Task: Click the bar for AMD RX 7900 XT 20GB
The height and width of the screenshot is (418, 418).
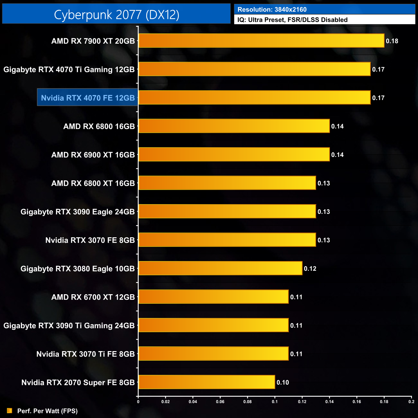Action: (261, 41)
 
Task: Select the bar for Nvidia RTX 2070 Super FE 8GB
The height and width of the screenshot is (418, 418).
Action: (206, 382)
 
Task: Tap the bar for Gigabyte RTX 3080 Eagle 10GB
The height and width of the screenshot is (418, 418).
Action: (220, 268)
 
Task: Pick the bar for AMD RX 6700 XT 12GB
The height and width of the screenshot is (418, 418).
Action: (214, 296)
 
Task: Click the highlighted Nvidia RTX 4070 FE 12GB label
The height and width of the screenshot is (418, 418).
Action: (88, 98)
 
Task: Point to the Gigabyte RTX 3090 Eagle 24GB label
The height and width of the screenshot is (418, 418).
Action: (77, 212)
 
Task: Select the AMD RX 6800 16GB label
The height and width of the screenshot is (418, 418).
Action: (99, 126)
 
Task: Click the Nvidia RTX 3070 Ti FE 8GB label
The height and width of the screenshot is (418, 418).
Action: (86, 354)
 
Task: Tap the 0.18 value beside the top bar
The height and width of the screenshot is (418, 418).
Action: (392, 41)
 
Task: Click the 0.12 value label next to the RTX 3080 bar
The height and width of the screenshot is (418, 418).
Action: (310, 268)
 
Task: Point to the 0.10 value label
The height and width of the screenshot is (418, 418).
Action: (283, 382)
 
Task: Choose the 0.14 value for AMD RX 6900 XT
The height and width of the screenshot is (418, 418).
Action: (337, 155)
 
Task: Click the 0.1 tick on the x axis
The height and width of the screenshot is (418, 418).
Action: (275, 402)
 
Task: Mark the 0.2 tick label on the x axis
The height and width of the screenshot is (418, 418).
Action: (411, 402)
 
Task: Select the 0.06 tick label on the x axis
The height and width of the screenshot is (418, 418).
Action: (220, 402)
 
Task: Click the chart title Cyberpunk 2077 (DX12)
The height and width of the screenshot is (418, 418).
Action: (116, 14)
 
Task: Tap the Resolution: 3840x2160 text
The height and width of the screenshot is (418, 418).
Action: (272, 10)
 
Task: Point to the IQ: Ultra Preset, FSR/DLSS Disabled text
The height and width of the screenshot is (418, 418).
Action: (292, 20)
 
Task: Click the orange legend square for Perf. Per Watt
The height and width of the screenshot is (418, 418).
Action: (10, 411)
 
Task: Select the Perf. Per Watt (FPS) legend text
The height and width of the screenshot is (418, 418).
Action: (47, 411)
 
